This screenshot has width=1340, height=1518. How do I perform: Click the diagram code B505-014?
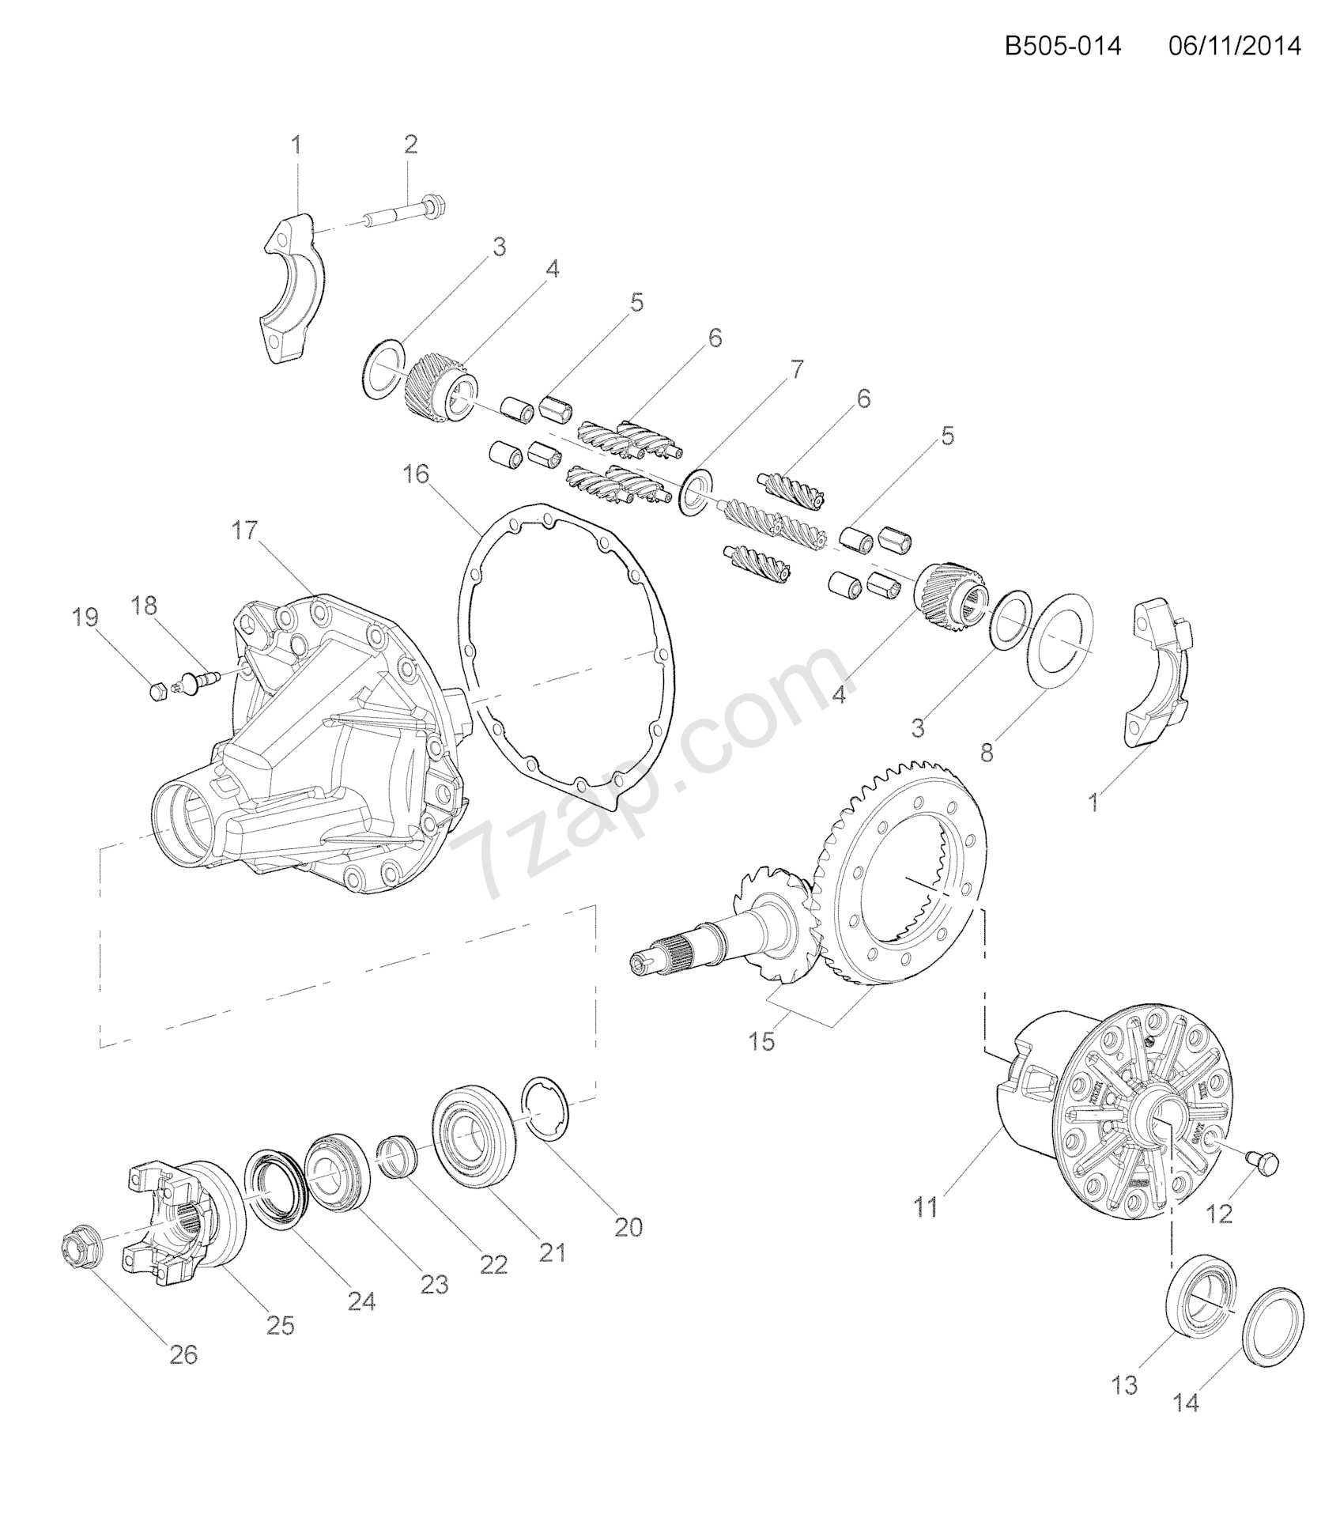[x=1063, y=47]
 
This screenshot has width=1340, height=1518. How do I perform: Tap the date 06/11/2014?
[x=1234, y=47]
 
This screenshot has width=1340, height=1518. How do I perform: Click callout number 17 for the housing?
[x=245, y=531]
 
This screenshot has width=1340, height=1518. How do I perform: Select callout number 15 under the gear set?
[x=764, y=1041]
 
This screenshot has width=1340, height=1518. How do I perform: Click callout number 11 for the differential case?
[x=925, y=1207]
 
